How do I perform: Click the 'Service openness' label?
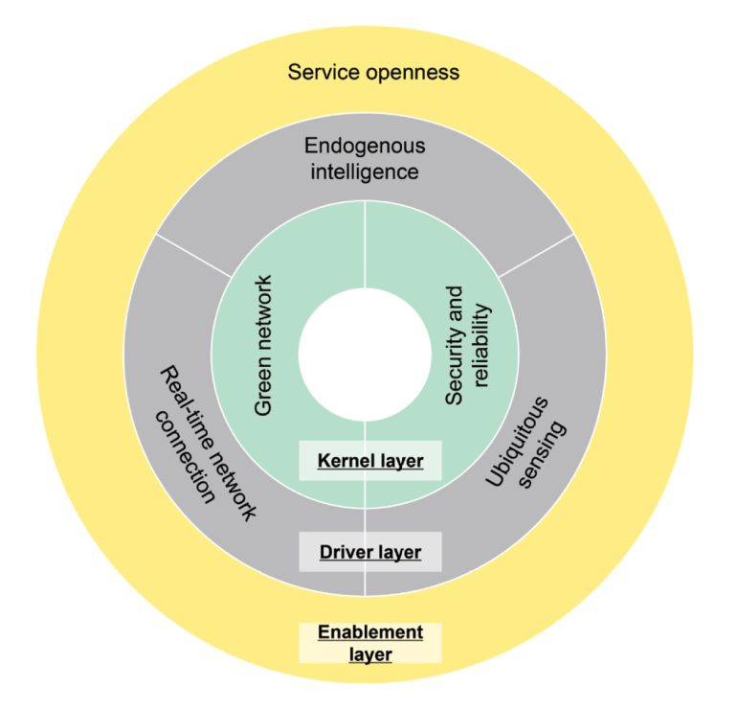pos(373,72)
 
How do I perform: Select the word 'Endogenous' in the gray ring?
pos(365,147)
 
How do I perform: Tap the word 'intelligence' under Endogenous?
pos(365,172)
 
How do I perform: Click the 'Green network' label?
pos(264,345)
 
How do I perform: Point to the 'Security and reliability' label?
pos(466,345)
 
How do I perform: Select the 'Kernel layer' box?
pos(370,461)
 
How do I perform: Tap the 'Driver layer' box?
pos(370,552)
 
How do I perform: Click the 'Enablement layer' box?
pos(370,643)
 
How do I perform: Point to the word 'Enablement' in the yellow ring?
pos(370,632)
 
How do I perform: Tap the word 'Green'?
pos(264,388)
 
